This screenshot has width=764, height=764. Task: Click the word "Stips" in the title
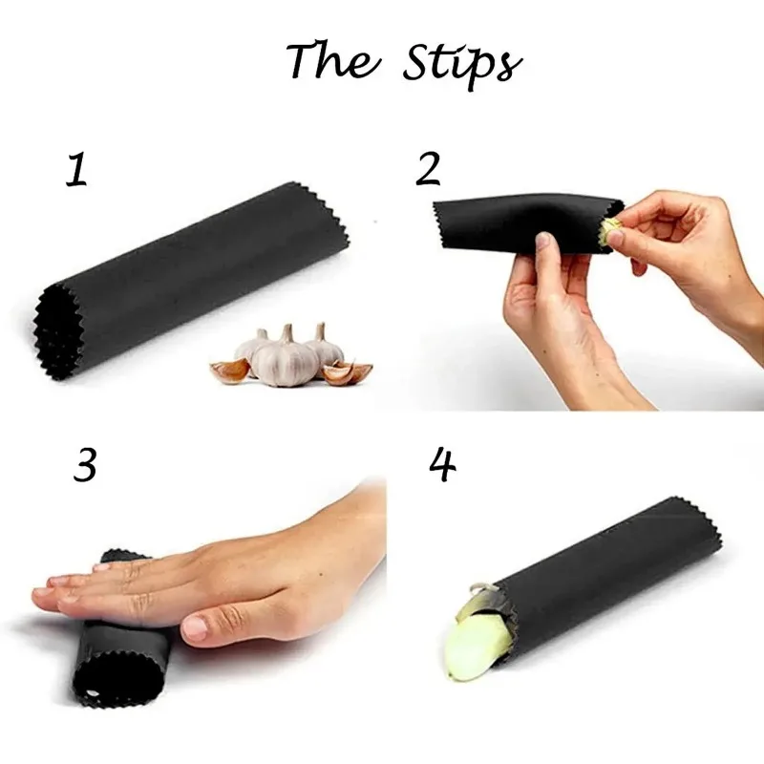click(x=460, y=62)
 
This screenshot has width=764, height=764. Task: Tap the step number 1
click(x=76, y=169)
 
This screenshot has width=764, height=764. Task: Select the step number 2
click(x=428, y=169)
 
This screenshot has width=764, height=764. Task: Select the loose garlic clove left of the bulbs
click(x=229, y=370)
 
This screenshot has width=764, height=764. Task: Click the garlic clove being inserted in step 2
click(x=610, y=229)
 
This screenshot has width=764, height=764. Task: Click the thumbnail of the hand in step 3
click(x=195, y=627)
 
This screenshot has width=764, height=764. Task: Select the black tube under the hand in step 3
click(x=124, y=659)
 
